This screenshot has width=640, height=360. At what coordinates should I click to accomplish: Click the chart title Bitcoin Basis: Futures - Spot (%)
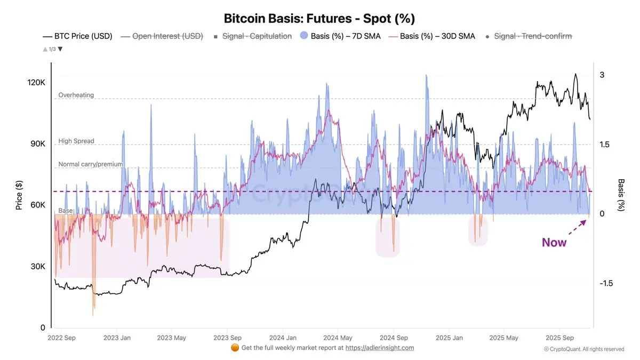point(319,18)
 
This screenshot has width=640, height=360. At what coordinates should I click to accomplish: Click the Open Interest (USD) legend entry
point(167,36)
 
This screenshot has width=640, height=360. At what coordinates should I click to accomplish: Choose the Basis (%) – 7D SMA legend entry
point(346,36)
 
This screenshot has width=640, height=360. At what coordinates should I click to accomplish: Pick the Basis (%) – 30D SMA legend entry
point(437,36)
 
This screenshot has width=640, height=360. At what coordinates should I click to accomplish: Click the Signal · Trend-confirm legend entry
point(533,36)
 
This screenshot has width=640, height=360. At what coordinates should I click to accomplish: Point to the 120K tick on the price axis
point(37,83)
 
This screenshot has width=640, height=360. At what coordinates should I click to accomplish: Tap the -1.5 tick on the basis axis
point(606,283)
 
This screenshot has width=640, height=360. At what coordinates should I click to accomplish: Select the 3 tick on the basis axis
point(602,75)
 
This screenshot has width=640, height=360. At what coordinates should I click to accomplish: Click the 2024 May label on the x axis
point(339,338)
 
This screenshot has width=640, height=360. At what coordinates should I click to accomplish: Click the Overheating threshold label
point(76,95)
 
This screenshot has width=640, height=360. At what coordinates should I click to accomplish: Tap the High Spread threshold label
point(76,141)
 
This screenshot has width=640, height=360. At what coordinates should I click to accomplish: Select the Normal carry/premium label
point(91,164)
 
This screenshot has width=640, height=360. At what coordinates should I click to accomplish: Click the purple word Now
point(554,243)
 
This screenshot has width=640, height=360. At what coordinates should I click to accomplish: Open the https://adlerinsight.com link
point(380,348)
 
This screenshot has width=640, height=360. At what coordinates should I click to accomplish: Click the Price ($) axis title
point(19,194)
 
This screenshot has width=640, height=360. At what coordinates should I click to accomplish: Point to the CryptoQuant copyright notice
point(583,349)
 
